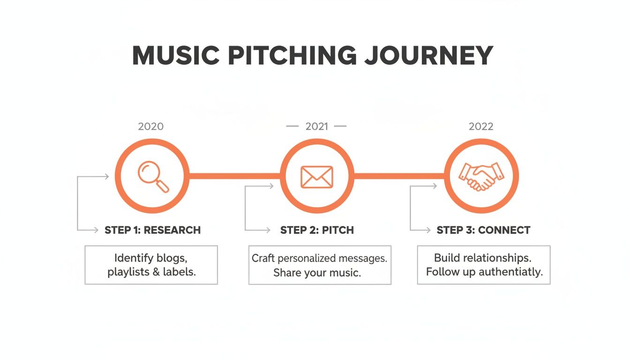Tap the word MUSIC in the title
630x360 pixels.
[176, 56]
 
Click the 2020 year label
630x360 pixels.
[151, 127]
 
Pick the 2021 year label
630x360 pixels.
[316, 127]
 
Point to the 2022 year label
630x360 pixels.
[481, 127]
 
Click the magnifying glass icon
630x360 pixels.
[153, 176]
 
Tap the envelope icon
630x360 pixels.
[316, 177]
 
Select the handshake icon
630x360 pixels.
[481, 177]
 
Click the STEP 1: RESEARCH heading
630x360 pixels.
[152, 230]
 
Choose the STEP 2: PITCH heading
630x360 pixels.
[317, 230]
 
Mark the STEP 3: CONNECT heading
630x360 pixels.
[483, 230]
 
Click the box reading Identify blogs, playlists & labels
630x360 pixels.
[151, 265]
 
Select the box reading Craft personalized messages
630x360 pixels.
[320, 265]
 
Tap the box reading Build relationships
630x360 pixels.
[484, 265]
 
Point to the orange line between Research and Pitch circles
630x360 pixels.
[234, 176]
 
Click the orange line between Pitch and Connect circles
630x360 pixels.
[399, 176]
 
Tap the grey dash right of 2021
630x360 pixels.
[340, 127]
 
